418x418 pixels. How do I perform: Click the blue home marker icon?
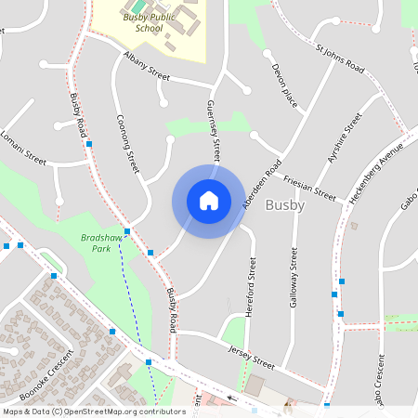tap(209, 201)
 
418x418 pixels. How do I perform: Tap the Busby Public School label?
tap(149, 22)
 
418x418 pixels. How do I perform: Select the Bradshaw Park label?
tap(102, 243)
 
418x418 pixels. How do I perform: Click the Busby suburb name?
tap(284, 205)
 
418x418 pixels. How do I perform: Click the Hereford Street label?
tap(250, 288)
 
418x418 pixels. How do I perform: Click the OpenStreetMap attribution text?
tap(94, 411)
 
